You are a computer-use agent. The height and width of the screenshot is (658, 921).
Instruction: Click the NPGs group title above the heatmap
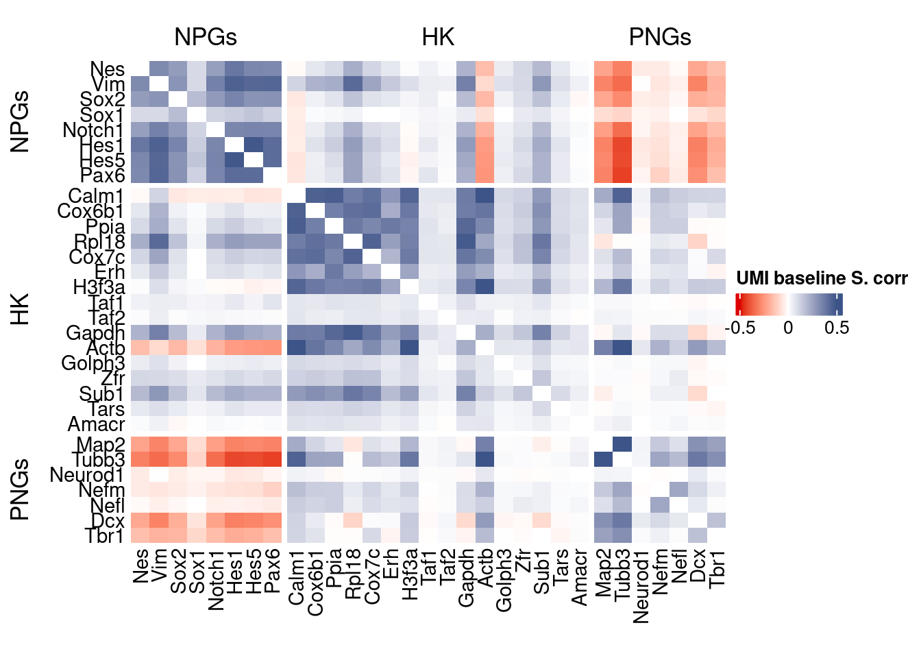point(206,37)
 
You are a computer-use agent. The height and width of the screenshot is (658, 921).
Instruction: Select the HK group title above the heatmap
point(438,37)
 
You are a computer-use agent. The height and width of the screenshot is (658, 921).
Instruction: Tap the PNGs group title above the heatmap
point(659,37)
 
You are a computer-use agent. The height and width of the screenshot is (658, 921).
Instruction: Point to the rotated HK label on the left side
point(21,309)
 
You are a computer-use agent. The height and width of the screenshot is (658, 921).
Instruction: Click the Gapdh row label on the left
point(95,333)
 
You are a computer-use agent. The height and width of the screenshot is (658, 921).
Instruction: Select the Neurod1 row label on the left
point(87,475)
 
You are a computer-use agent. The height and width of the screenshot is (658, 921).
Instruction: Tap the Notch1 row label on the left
point(93,130)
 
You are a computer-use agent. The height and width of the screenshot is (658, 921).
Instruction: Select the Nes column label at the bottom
point(140,565)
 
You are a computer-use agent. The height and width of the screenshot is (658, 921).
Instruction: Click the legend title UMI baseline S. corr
point(822,278)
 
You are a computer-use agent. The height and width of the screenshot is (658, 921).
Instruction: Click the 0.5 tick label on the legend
point(837,328)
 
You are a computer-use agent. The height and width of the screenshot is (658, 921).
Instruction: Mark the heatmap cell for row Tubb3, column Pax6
point(272,460)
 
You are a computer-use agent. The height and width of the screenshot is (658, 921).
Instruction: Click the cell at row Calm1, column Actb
point(484,196)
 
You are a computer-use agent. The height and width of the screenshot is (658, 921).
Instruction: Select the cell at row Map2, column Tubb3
point(622,445)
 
